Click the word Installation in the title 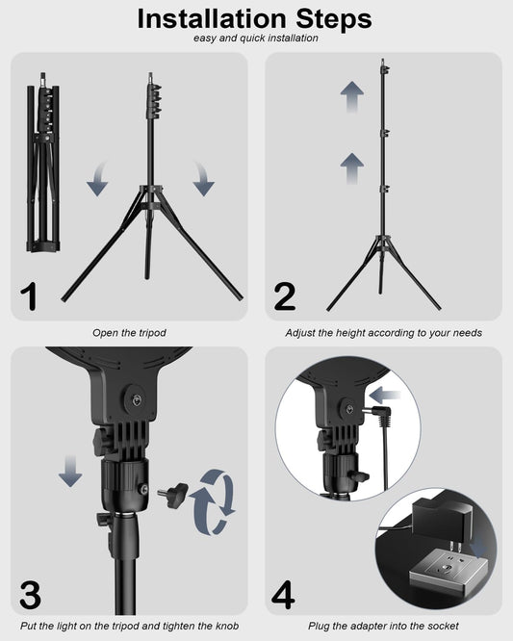(x=212, y=19)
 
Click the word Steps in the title (x=334, y=19)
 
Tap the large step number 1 (x=29, y=296)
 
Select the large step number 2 (x=285, y=296)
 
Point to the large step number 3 (x=30, y=595)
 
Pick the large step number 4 (x=283, y=595)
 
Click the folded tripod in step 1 (x=43, y=163)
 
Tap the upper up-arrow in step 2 (x=352, y=97)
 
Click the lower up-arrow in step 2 (x=352, y=168)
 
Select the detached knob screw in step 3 (x=173, y=494)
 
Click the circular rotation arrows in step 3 (x=215, y=502)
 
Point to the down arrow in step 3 (x=70, y=472)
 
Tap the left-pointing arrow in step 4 (x=385, y=396)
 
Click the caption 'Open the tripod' (x=129, y=333)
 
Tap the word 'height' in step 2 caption (x=350, y=333)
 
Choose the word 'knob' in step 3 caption (x=226, y=626)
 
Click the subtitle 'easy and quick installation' (x=256, y=38)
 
